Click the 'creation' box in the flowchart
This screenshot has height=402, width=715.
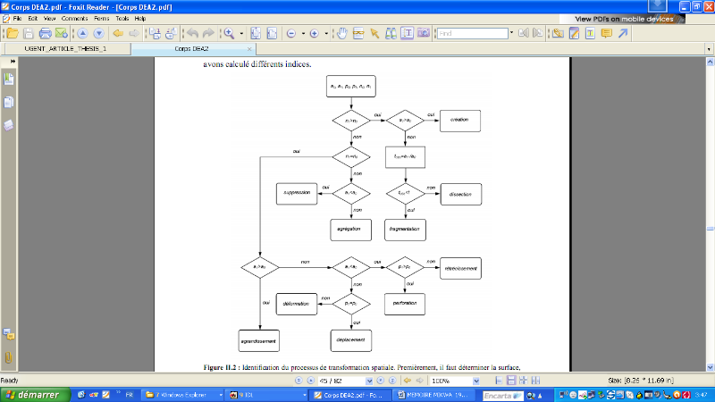459,120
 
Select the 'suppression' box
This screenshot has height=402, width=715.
296,193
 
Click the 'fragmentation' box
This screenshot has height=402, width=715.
405,230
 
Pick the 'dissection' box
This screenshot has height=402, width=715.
460,193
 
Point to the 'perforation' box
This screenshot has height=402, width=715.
405,304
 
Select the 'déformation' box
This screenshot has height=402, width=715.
296,304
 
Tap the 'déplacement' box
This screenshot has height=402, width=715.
350,340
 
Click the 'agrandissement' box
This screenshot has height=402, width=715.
259,340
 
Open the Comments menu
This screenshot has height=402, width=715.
74,18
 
